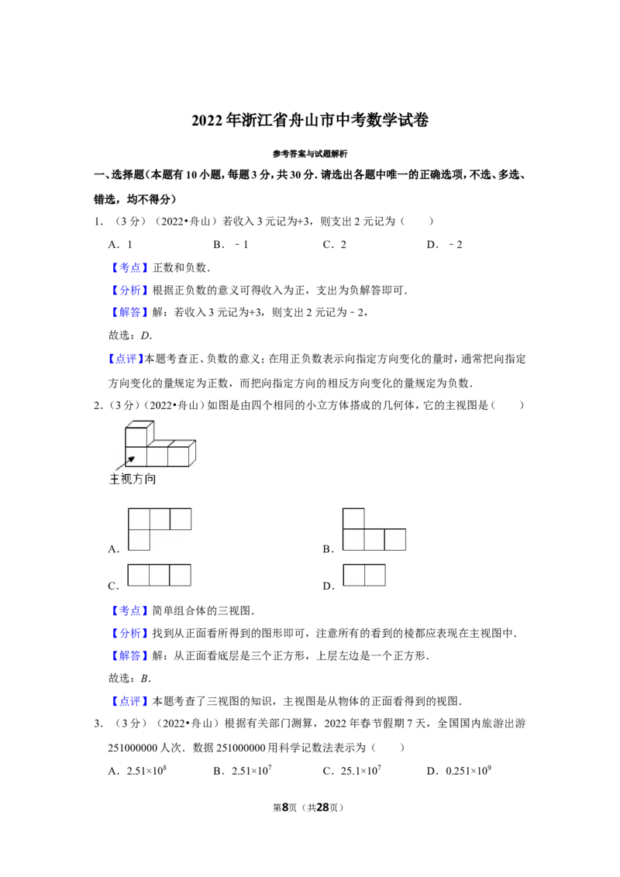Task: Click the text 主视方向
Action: [133, 479]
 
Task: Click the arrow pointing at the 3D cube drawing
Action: [125, 463]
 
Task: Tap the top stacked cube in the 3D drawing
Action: [137, 436]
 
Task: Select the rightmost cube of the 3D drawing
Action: [179, 456]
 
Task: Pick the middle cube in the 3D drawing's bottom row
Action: [157, 456]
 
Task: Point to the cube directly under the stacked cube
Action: [136, 456]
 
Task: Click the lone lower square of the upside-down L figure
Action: [139, 540]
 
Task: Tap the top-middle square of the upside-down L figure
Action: [160, 519]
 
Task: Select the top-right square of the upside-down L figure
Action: [181, 519]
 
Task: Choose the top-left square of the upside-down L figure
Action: [139, 519]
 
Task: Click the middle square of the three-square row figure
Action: [159, 575]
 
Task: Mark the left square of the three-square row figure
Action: [138, 575]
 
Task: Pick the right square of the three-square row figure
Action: [180, 575]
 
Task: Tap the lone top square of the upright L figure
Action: [353, 518]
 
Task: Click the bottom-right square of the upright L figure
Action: [395, 539]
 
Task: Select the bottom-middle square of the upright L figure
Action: [374, 539]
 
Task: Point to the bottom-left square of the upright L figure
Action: [353, 539]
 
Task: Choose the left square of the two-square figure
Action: [354, 575]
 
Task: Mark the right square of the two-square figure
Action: [375, 575]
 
